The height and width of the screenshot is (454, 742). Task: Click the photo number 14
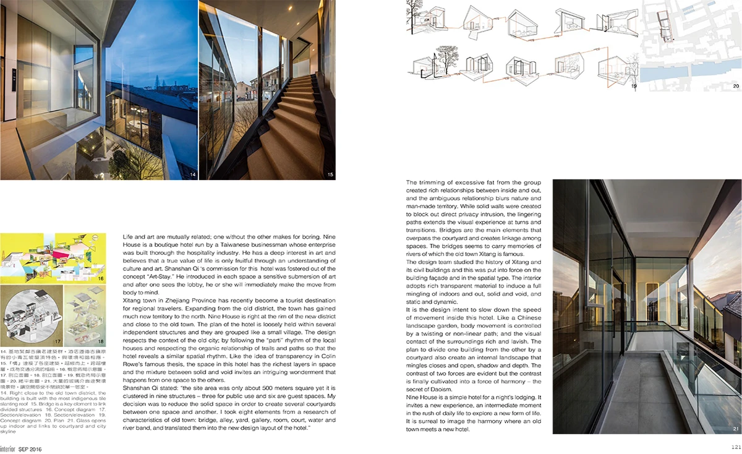(x=193, y=175)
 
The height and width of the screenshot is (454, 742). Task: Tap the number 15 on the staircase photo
(x=330, y=175)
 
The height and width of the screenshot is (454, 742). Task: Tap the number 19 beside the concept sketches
(x=634, y=86)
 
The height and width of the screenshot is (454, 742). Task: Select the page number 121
(x=735, y=447)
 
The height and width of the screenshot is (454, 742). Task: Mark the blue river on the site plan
(x=711, y=67)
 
